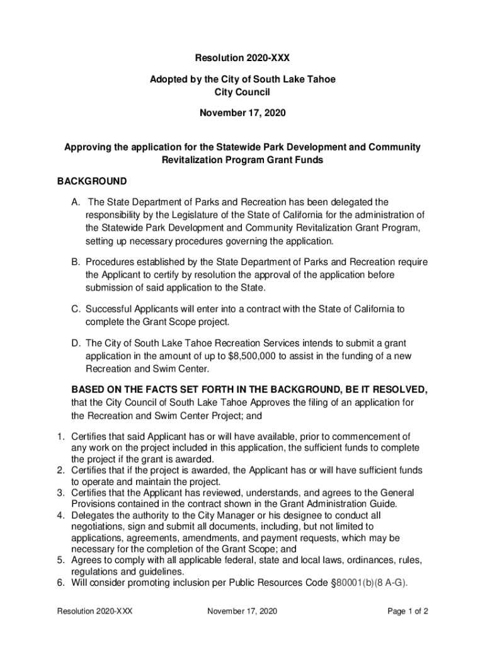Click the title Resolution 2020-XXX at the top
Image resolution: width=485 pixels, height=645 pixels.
coord(243,58)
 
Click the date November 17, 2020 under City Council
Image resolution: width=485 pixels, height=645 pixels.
coord(243,113)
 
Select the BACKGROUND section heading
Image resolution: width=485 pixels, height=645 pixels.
coord(92,181)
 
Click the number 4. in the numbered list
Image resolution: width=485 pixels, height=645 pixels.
coord(61,515)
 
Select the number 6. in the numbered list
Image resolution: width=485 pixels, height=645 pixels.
coord(61,583)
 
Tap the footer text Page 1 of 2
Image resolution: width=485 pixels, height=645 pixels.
coord(408,611)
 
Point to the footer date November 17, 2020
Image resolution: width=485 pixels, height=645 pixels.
coord(242,611)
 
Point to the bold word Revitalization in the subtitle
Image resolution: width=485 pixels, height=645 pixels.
coord(190,160)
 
